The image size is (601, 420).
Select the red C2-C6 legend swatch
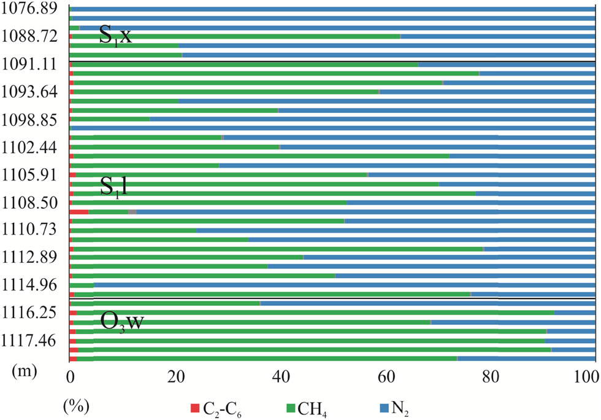tap(196, 407)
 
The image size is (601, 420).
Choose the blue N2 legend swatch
tap(384, 407)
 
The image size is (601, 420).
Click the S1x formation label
tap(116, 36)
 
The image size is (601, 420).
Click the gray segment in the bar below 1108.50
tap(132, 212)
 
